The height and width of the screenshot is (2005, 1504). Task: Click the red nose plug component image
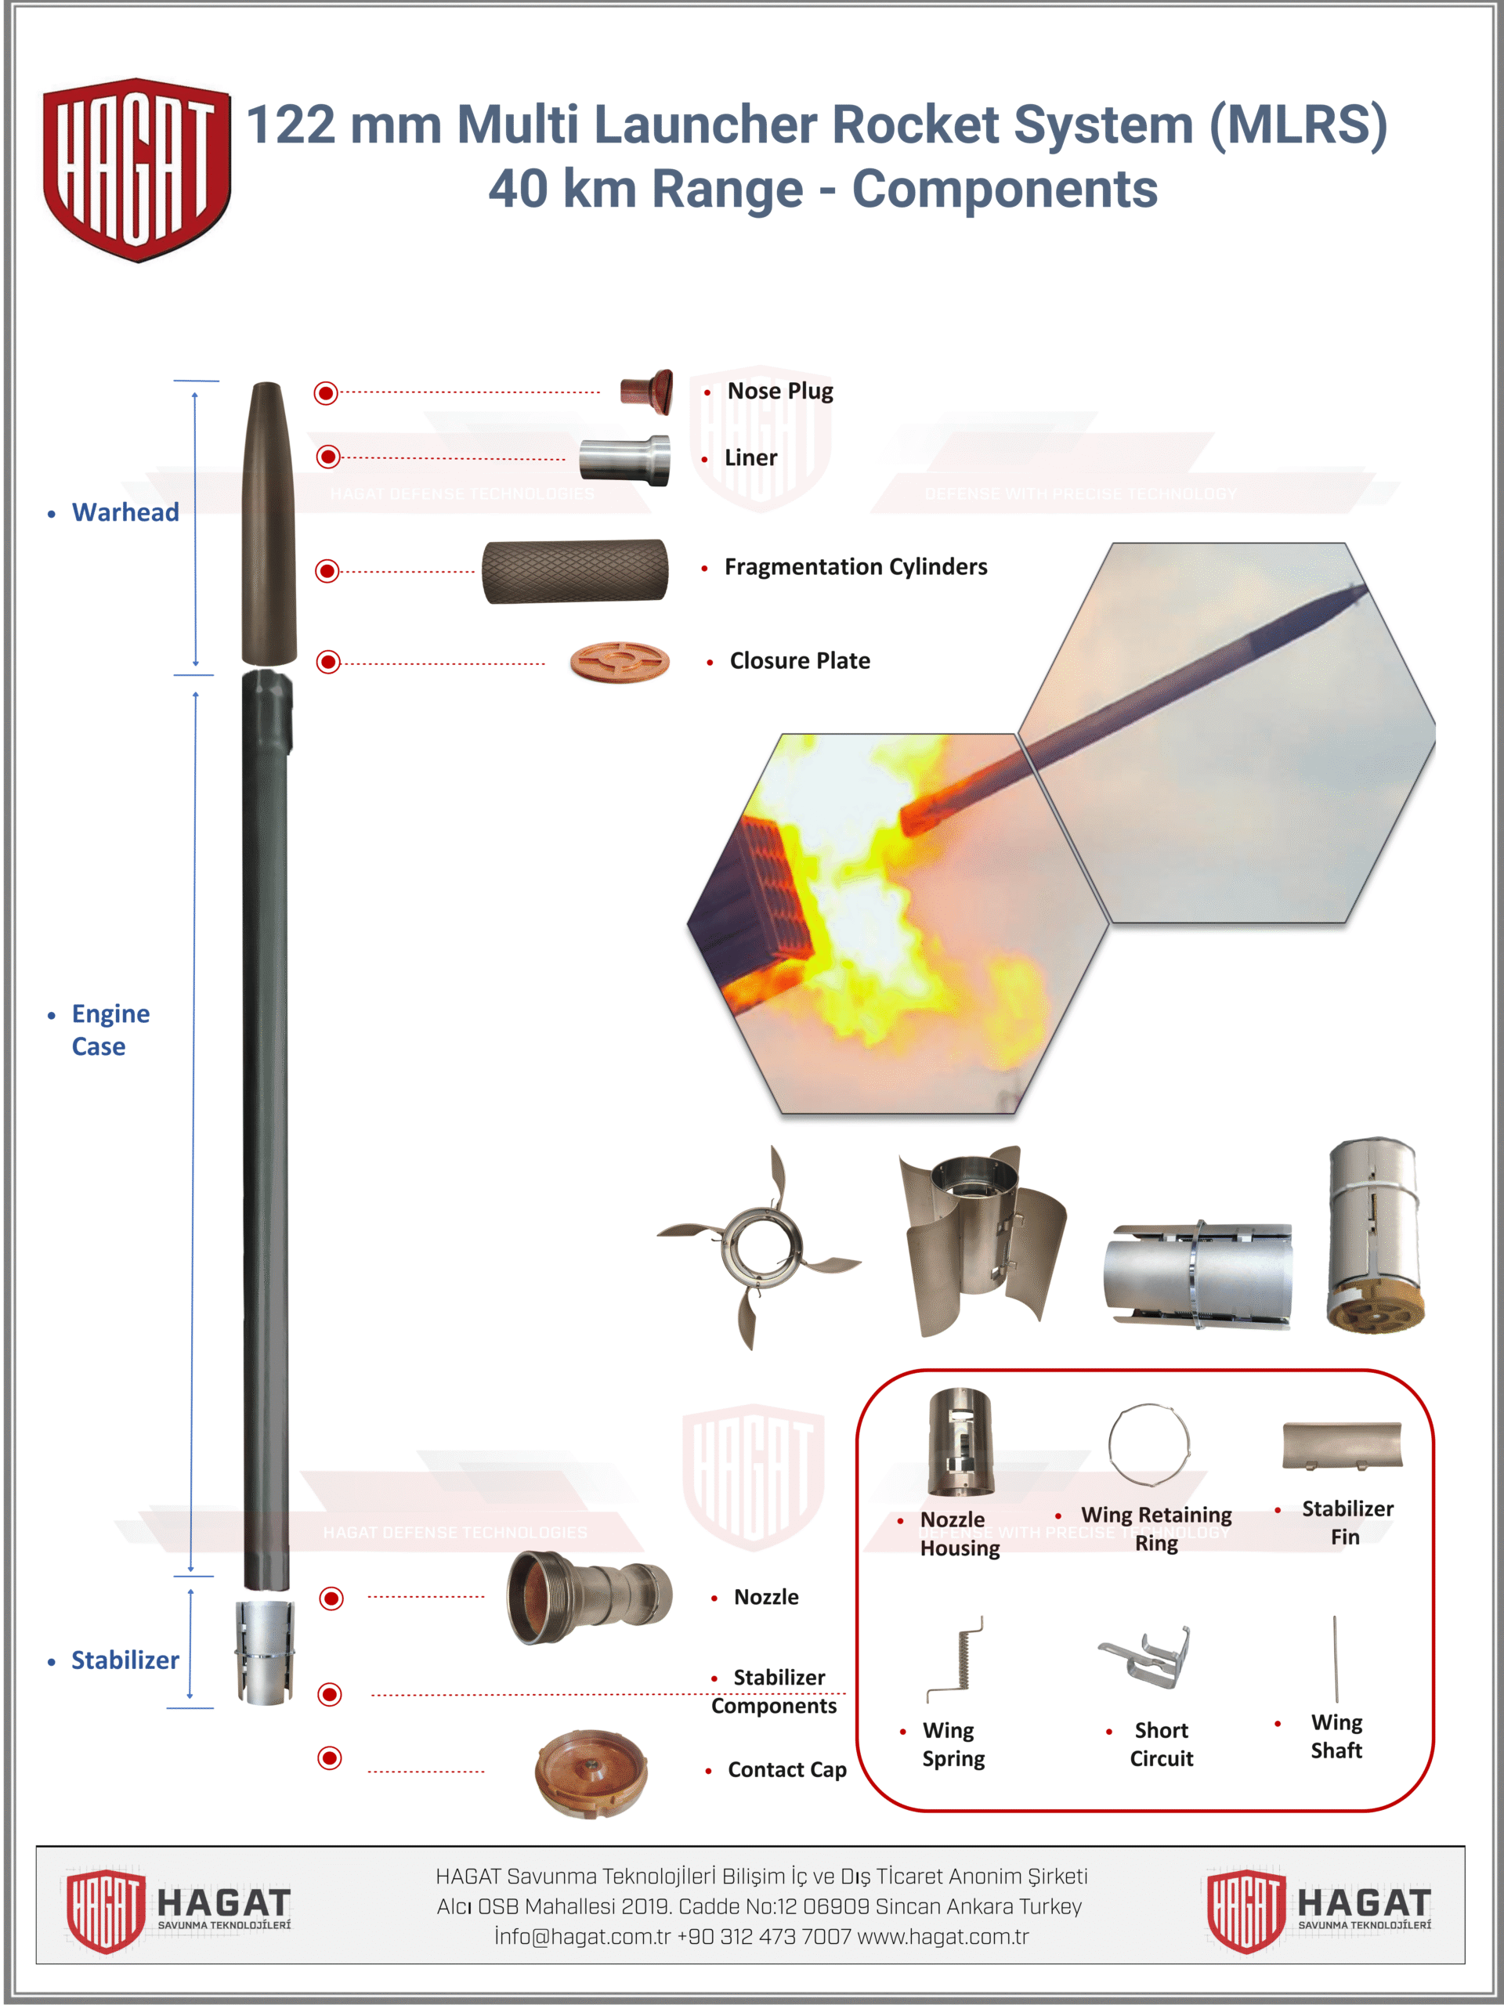(646, 392)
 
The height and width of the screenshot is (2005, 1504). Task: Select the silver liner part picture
(626, 460)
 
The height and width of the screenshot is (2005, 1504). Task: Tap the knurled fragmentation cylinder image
(575, 571)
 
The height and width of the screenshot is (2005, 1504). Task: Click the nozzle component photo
(589, 1597)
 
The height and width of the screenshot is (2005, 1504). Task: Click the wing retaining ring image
(1148, 1446)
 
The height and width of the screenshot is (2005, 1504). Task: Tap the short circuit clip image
(1145, 1655)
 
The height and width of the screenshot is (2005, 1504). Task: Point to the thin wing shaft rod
(1336, 1658)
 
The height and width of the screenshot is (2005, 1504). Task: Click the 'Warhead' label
(125, 512)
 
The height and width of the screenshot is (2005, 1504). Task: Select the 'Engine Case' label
(110, 1030)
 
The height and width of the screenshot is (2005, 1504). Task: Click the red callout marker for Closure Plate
(328, 662)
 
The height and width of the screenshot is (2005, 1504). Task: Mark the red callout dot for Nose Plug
(325, 392)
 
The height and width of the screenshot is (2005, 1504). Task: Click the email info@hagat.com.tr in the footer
(582, 1937)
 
